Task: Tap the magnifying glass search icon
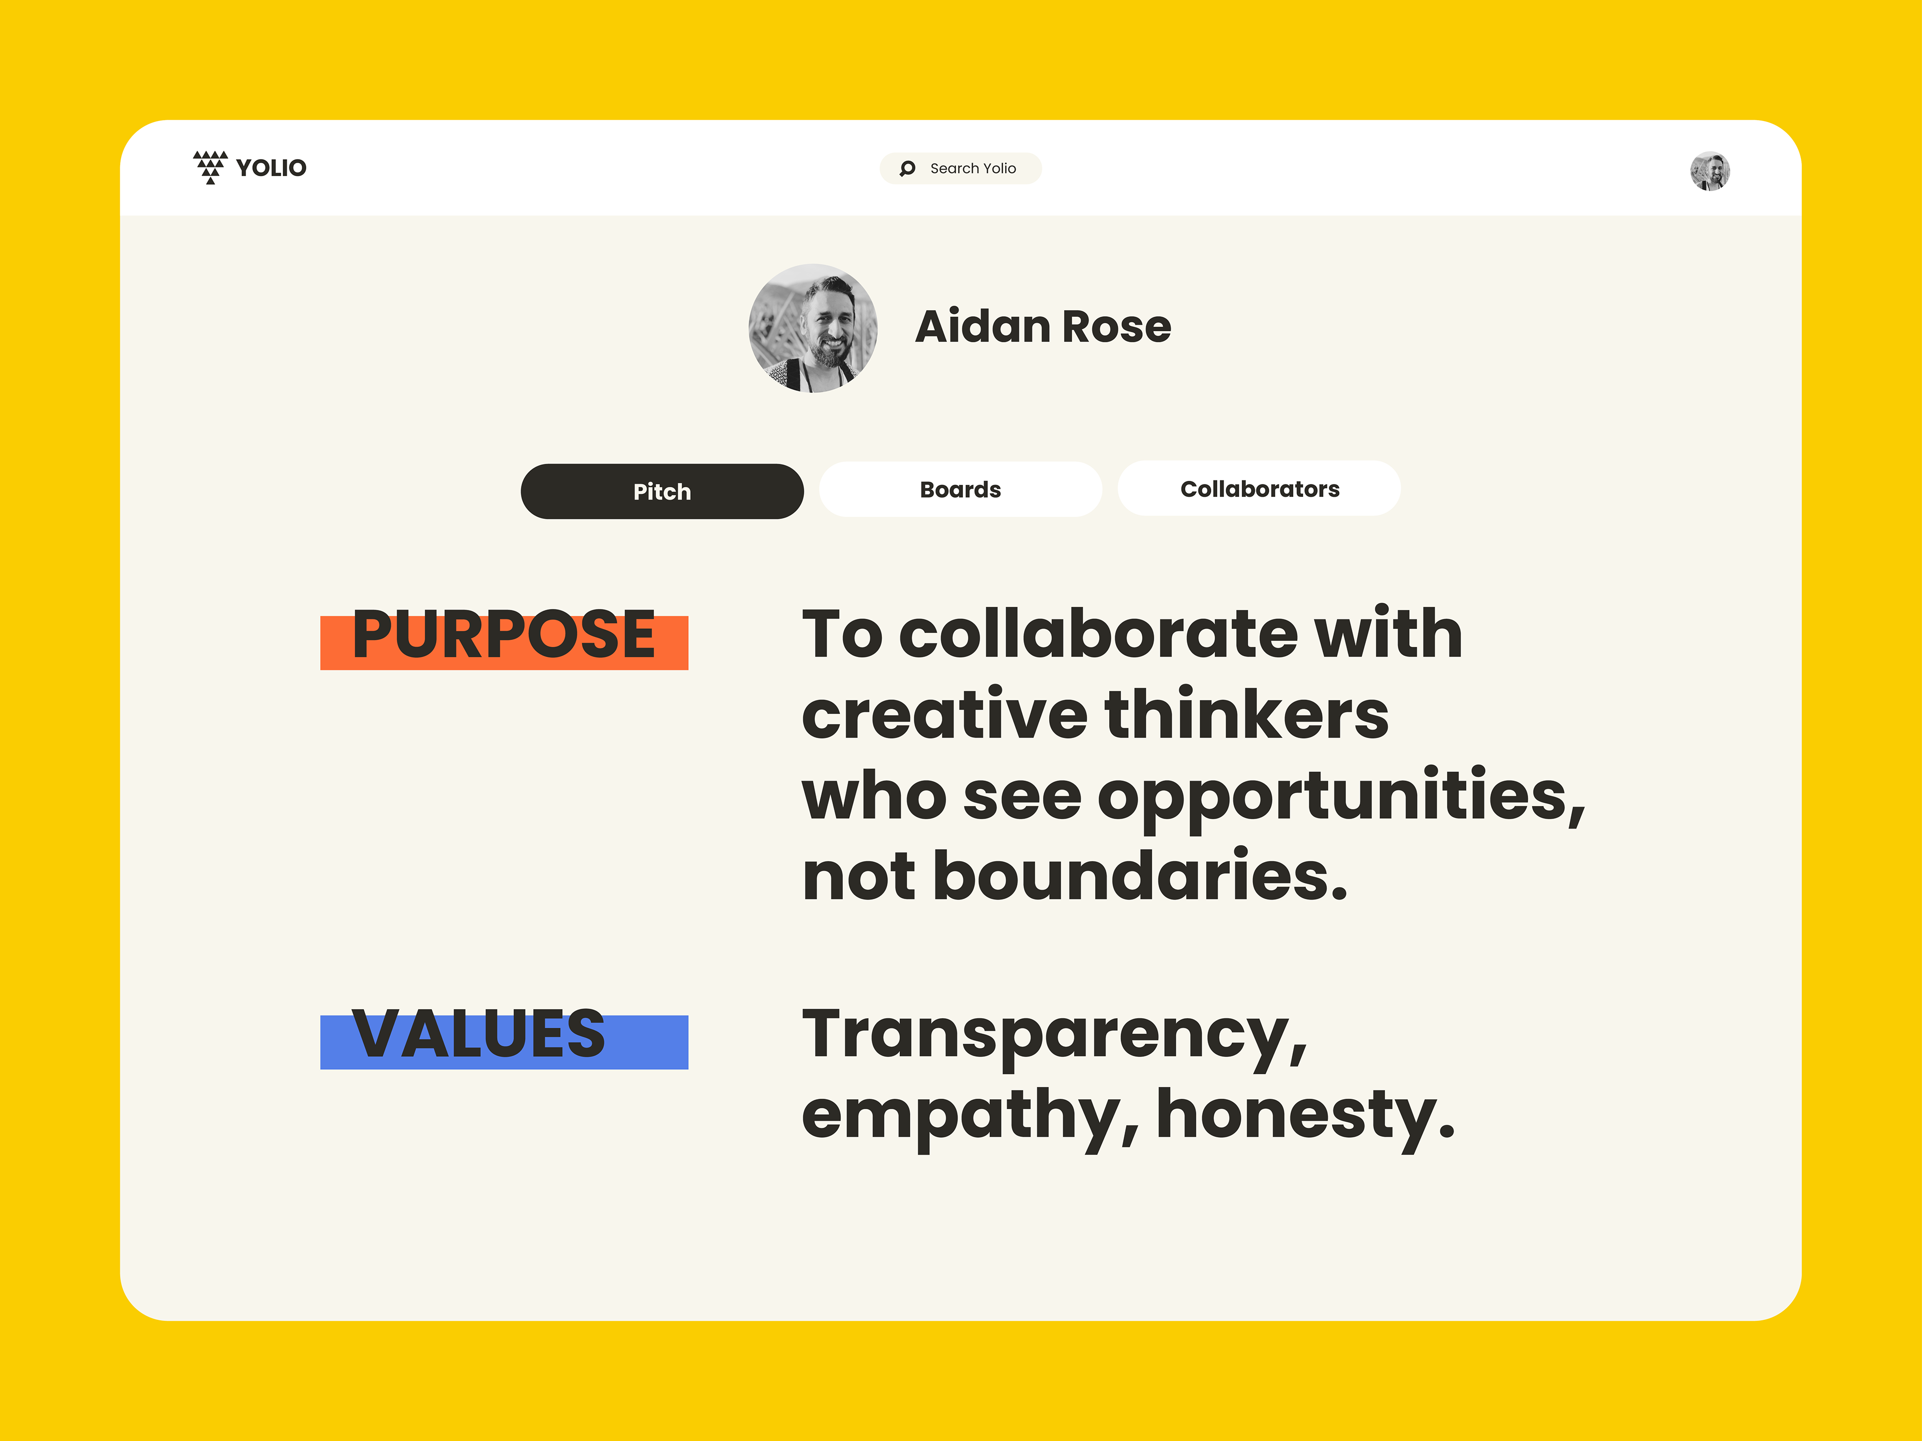pos(907,169)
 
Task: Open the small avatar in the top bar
pos(1709,171)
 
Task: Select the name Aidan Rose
pos(1043,327)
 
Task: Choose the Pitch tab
pos(662,492)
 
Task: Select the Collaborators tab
pos(1259,488)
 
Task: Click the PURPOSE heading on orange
pos(504,636)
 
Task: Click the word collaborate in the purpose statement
pos(1098,633)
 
